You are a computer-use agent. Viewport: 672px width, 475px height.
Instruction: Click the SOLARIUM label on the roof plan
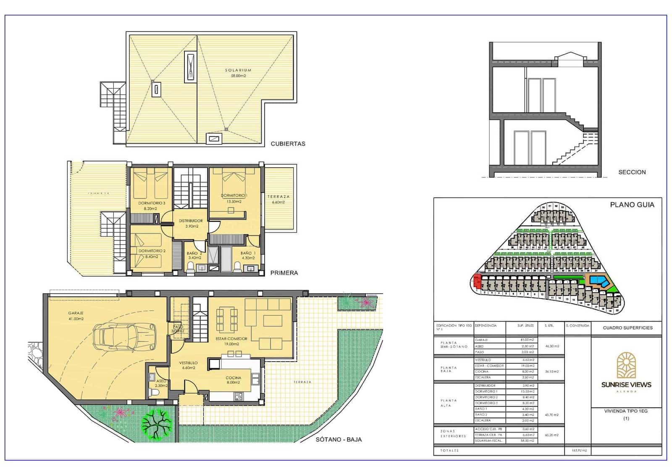(238, 71)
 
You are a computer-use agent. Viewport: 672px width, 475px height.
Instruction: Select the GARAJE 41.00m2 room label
(76, 314)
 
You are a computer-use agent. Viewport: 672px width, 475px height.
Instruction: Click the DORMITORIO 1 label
(234, 196)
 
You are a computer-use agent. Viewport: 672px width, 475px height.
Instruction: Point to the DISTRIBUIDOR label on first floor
(191, 221)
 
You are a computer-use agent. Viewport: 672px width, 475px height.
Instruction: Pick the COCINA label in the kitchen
(233, 378)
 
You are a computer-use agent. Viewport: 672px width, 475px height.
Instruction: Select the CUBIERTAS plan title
(288, 144)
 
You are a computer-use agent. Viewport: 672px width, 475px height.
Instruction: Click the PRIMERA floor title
(284, 273)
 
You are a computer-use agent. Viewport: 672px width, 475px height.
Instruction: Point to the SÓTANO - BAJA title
(339, 440)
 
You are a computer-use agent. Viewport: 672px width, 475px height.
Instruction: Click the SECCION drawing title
(632, 172)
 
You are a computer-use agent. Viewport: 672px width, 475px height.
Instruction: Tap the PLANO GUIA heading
(632, 205)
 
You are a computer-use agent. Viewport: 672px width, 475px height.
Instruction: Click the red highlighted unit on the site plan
(477, 280)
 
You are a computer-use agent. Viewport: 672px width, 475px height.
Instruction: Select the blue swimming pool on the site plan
(598, 280)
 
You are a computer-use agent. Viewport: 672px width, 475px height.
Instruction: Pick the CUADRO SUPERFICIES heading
(627, 328)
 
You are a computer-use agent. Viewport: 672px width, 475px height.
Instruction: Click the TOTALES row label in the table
(449, 451)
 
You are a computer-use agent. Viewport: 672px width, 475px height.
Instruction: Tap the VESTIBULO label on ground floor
(189, 363)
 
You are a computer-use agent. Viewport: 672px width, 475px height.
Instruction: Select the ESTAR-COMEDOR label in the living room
(231, 339)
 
